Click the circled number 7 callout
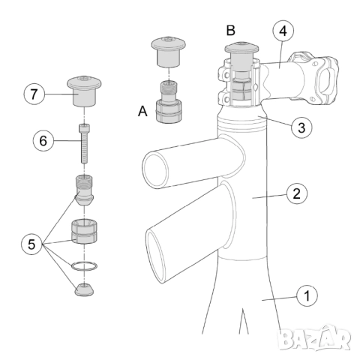(34, 94)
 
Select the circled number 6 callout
(43, 141)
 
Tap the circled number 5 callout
(31, 244)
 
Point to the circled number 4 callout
(283, 31)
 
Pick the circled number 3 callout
(301, 127)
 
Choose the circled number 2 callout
(297, 193)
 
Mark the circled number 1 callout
(307, 295)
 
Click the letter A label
(142, 111)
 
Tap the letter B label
(230, 30)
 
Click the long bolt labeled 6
(84, 144)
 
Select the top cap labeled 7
(84, 91)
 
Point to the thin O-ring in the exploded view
(84, 266)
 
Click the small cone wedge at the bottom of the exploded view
(85, 289)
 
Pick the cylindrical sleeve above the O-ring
(84, 232)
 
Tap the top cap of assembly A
(169, 52)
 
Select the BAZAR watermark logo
(314, 338)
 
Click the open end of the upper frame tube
(155, 170)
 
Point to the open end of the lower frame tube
(156, 256)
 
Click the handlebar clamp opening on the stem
(326, 81)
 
